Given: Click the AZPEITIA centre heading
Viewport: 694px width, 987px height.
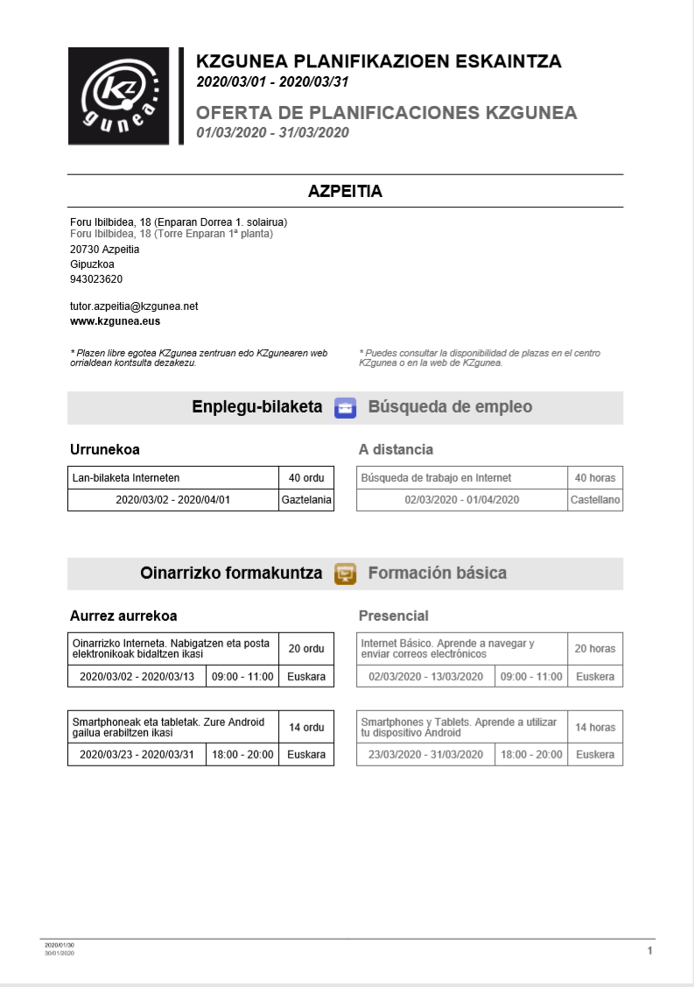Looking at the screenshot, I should [345, 191].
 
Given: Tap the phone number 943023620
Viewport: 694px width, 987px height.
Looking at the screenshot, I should [96, 279].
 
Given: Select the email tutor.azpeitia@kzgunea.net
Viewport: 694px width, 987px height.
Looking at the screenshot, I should [134, 307].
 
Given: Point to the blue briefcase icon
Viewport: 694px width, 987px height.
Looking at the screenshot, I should [346, 408].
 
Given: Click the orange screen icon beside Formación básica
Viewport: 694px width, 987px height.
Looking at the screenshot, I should [346, 575].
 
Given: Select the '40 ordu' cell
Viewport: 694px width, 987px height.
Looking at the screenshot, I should [306, 478].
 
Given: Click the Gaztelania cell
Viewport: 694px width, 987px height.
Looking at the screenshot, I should [306, 500].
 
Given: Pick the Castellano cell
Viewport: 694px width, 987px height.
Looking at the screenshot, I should [595, 500].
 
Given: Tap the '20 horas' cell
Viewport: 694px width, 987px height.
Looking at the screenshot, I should [595, 649].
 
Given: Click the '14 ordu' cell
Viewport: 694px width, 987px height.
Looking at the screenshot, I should [306, 727].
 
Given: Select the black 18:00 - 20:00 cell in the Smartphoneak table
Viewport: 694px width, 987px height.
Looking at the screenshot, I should [242, 754].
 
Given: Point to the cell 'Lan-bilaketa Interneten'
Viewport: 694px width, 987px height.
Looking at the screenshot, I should [173, 478].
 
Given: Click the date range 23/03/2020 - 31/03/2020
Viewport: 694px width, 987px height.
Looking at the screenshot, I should [425, 754].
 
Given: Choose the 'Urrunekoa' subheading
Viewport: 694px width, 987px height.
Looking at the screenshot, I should [105, 449].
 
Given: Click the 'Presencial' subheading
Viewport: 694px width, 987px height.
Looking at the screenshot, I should [394, 616].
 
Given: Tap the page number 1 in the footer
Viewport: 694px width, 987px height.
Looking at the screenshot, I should [649, 950].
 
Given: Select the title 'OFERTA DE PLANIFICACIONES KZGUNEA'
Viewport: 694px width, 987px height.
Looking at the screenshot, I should [387, 113].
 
